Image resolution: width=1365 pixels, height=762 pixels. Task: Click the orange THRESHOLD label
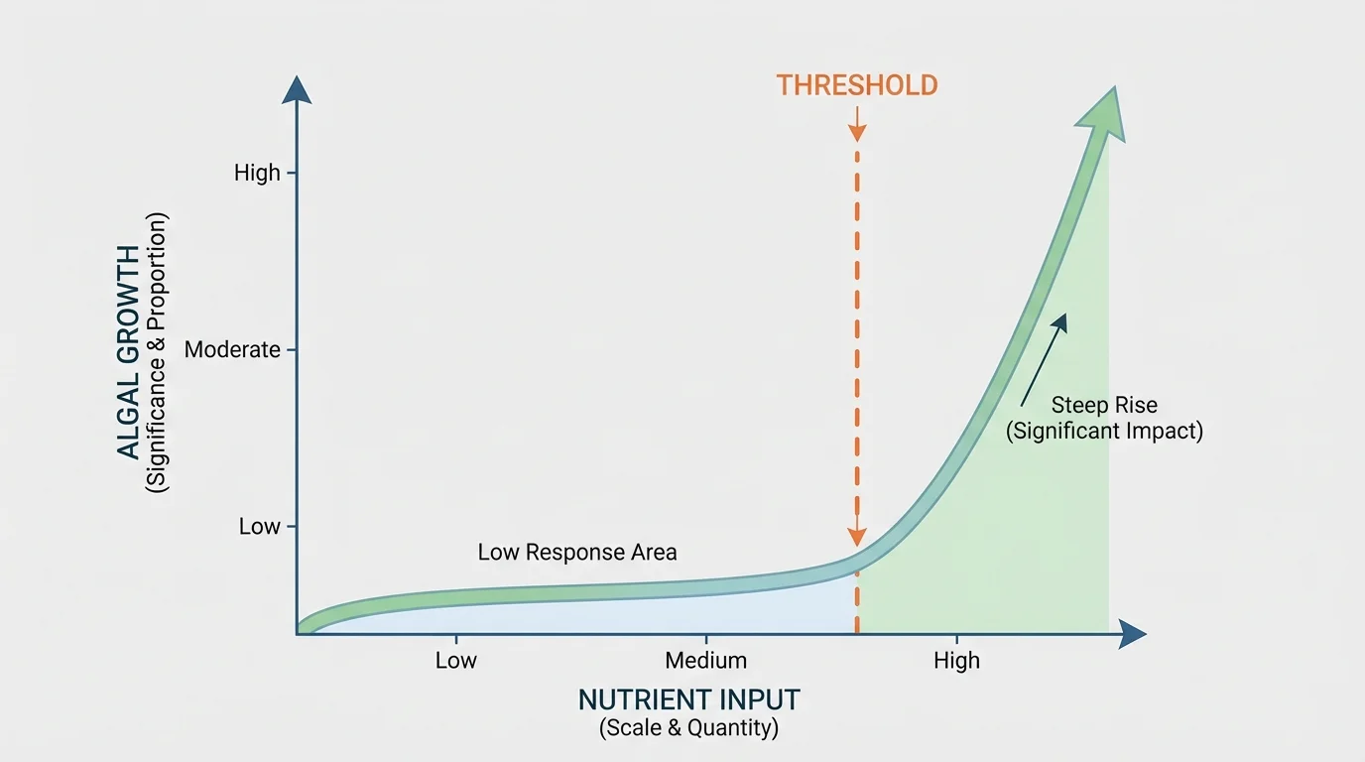tap(857, 85)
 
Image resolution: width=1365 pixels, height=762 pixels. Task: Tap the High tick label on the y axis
tap(257, 174)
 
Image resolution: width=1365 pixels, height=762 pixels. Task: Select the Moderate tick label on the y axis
tap(232, 350)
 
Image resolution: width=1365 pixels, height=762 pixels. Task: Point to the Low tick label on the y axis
tap(259, 527)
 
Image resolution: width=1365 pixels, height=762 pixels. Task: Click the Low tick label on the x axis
tap(456, 661)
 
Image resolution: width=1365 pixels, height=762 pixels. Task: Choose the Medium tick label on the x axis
tap(706, 661)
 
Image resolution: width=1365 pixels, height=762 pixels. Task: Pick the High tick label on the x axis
tap(956, 661)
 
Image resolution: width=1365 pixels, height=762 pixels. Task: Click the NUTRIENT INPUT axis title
tap(689, 700)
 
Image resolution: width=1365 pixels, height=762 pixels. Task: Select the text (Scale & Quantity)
tap(689, 729)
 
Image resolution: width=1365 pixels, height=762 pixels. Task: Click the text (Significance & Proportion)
tap(158, 353)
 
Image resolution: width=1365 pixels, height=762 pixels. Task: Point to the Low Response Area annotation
tap(577, 553)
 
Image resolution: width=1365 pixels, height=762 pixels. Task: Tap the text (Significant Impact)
tap(1104, 432)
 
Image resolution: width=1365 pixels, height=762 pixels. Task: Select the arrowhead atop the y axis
tap(297, 89)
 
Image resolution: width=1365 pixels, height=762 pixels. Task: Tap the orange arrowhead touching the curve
tap(857, 537)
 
